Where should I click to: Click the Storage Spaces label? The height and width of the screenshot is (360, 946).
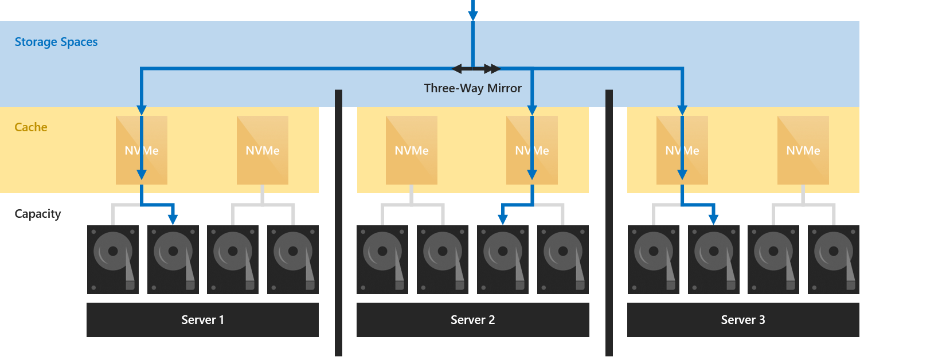pyautogui.click(x=56, y=42)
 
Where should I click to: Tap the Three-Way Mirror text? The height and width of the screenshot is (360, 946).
pyautogui.click(x=472, y=88)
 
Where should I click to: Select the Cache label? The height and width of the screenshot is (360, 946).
pyautogui.click(x=31, y=127)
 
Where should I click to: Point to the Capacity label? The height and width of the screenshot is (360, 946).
pyautogui.click(x=38, y=214)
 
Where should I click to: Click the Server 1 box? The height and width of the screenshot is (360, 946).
pyautogui.click(x=202, y=320)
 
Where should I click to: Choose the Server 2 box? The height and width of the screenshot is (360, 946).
pyautogui.click(x=472, y=320)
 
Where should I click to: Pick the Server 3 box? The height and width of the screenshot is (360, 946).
pyautogui.click(x=742, y=320)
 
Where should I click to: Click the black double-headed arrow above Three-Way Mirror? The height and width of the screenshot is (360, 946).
pyautogui.click(x=475, y=69)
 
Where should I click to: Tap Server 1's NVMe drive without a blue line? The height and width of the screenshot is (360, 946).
pyautogui.click(x=263, y=150)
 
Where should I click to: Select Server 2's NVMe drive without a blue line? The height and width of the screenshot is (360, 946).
pyautogui.click(x=412, y=150)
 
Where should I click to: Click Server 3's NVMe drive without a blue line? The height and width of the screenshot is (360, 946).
pyautogui.click(x=803, y=150)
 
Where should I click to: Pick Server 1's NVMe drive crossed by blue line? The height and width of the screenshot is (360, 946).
pyautogui.click(x=142, y=150)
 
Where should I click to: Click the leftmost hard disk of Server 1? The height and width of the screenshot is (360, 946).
pyautogui.click(x=113, y=260)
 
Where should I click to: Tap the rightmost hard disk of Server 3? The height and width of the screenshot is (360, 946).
pyautogui.click(x=833, y=260)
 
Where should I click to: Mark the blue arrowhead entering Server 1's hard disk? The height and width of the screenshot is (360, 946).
pyautogui.click(x=173, y=218)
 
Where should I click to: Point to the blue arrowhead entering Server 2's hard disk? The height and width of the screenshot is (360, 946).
pyautogui.click(x=502, y=218)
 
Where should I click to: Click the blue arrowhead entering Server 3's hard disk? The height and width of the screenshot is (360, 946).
pyautogui.click(x=713, y=218)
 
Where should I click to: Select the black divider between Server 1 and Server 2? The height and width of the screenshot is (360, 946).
pyautogui.click(x=338, y=224)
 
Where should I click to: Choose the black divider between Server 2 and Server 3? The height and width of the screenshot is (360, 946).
pyautogui.click(x=609, y=224)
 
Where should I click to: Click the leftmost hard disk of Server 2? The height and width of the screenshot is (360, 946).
pyautogui.click(x=382, y=260)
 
